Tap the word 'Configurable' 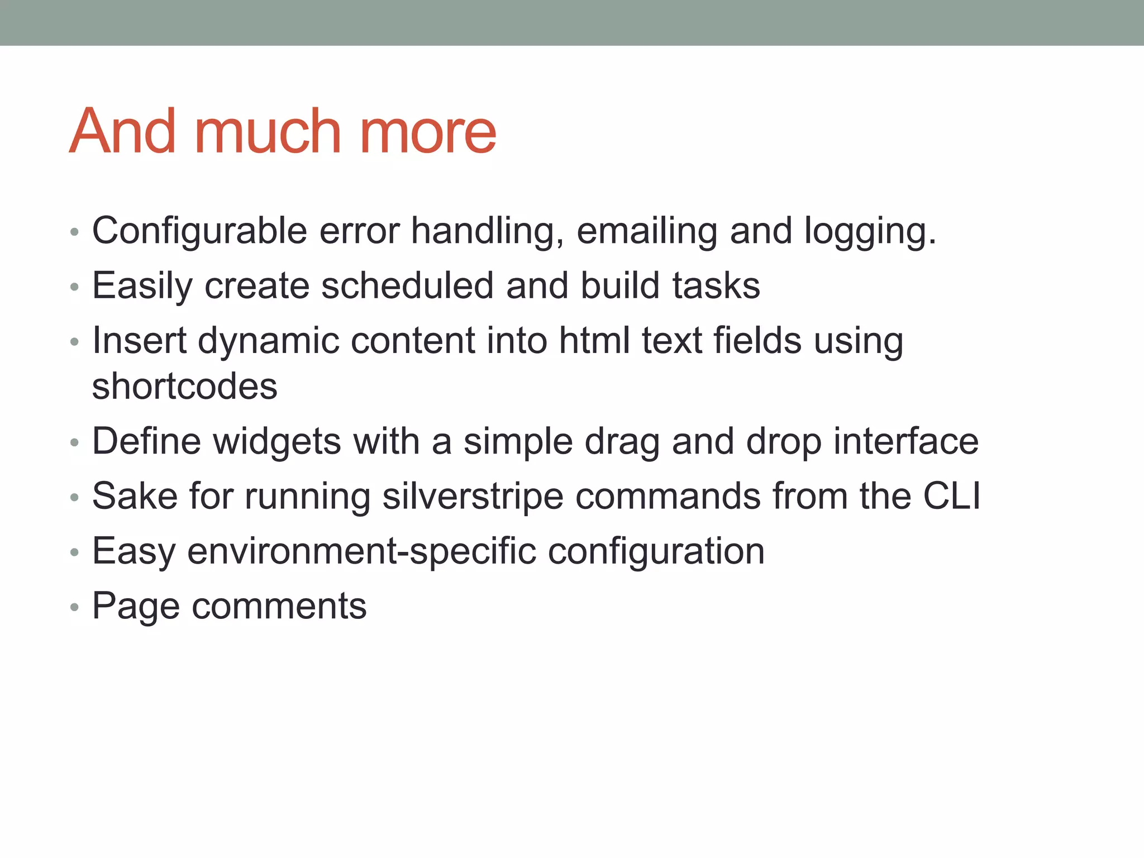[199, 231]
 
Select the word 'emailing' [646, 231]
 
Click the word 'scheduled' [407, 286]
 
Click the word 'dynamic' [268, 342]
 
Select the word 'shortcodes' [184, 387]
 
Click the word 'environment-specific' [360, 552]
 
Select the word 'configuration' [656, 552]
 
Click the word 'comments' [279, 607]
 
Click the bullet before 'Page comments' [75, 607]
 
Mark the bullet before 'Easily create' [75, 288]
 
